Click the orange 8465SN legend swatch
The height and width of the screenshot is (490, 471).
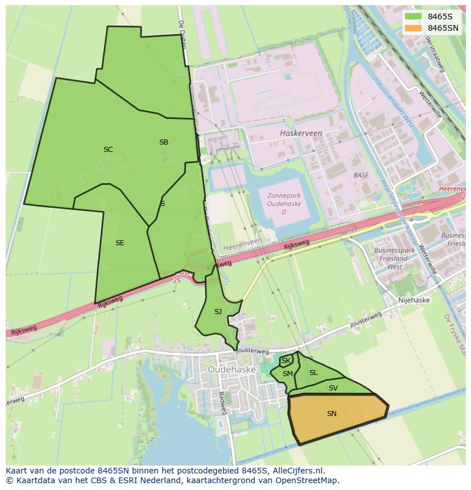click(x=414, y=28)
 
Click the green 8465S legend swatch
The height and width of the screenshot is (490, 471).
click(x=414, y=17)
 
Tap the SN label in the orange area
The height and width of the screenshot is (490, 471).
click(x=332, y=414)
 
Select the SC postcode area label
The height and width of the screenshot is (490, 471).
click(x=108, y=150)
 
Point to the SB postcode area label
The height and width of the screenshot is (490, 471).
click(x=164, y=142)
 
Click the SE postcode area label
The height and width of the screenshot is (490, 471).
click(x=119, y=243)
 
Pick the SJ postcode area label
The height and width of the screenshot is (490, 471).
click(x=218, y=312)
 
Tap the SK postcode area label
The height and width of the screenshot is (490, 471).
click(x=286, y=361)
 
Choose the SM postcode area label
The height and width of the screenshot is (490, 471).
click(x=288, y=374)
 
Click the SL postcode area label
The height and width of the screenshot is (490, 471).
click(x=313, y=373)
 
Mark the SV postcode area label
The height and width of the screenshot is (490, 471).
click(x=333, y=388)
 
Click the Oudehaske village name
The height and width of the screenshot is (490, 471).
click(x=232, y=369)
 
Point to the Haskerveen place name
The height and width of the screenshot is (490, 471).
click(x=301, y=133)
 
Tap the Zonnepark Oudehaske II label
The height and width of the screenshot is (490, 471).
click(x=284, y=204)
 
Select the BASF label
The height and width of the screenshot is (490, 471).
click(x=361, y=175)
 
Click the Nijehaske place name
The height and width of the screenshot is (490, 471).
click(x=414, y=300)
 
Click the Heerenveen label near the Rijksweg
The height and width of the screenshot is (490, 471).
click(x=242, y=248)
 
